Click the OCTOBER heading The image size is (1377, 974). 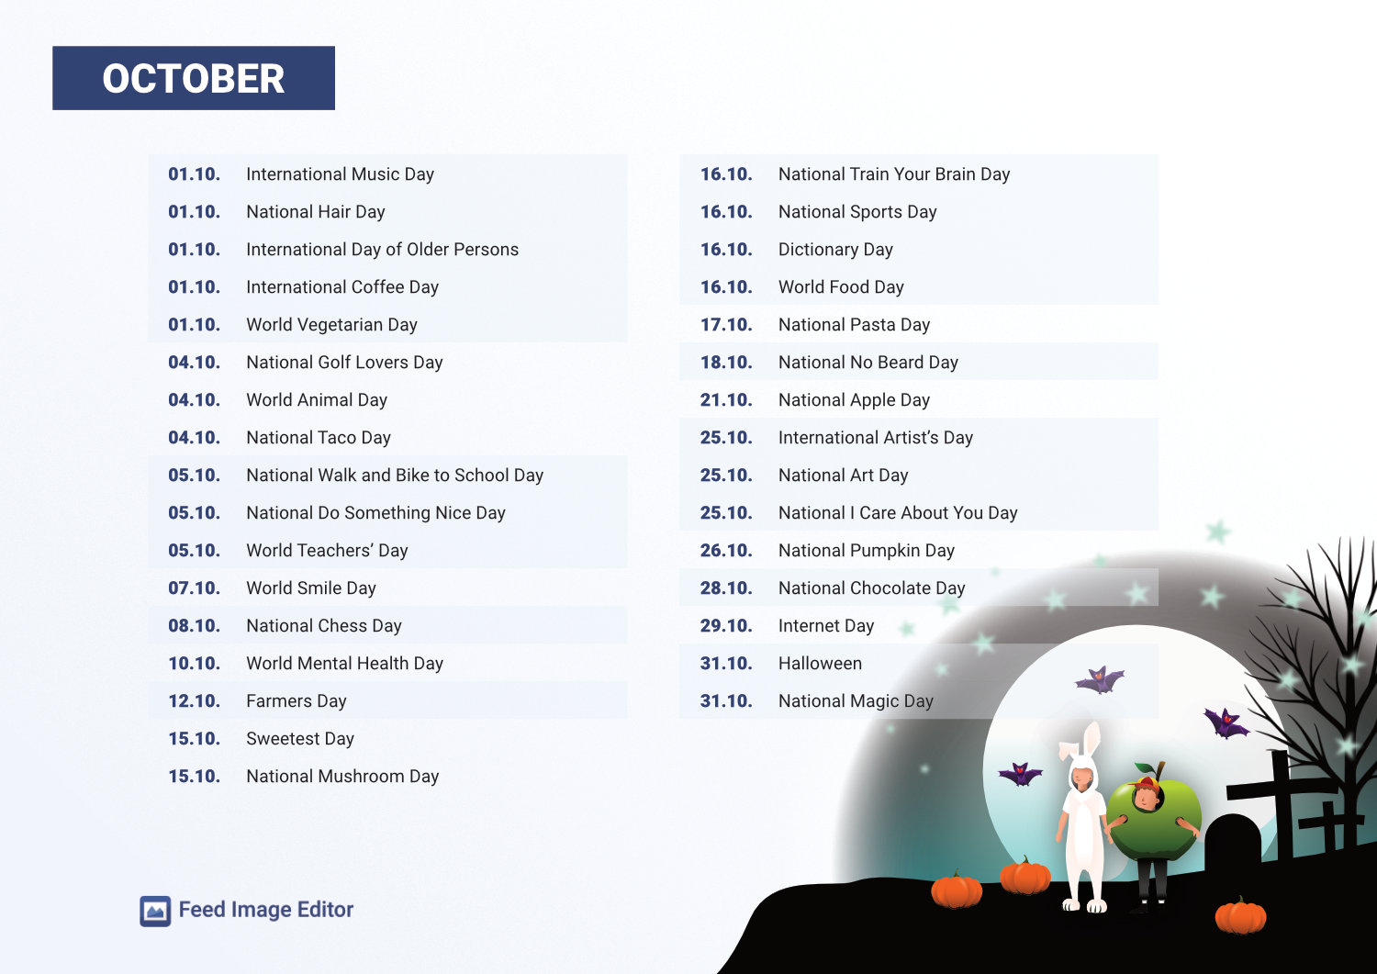(x=193, y=79)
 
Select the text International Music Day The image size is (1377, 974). (x=340, y=174)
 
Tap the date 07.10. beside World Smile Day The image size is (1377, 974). (x=195, y=588)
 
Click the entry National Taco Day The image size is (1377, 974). (x=319, y=438)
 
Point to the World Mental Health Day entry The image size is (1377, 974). (x=344, y=664)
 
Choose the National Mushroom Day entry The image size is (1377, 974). (x=342, y=777)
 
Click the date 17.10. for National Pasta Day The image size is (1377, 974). (x=726, y=325)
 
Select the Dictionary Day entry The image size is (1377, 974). (x=835, y=250)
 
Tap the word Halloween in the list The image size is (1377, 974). (x=820, y=664)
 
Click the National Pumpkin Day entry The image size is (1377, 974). (x=867, y=551)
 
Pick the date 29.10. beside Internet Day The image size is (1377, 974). (x=726, y=626)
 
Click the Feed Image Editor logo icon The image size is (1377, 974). (x=155, y=911)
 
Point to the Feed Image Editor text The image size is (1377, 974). (x=265, y=910)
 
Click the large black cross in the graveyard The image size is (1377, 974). (x=1281, y=800)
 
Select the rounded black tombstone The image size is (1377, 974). (x=1233, y=844)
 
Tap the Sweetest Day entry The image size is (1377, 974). (x=300, y=739)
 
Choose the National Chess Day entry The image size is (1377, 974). (x=324, y=626)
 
